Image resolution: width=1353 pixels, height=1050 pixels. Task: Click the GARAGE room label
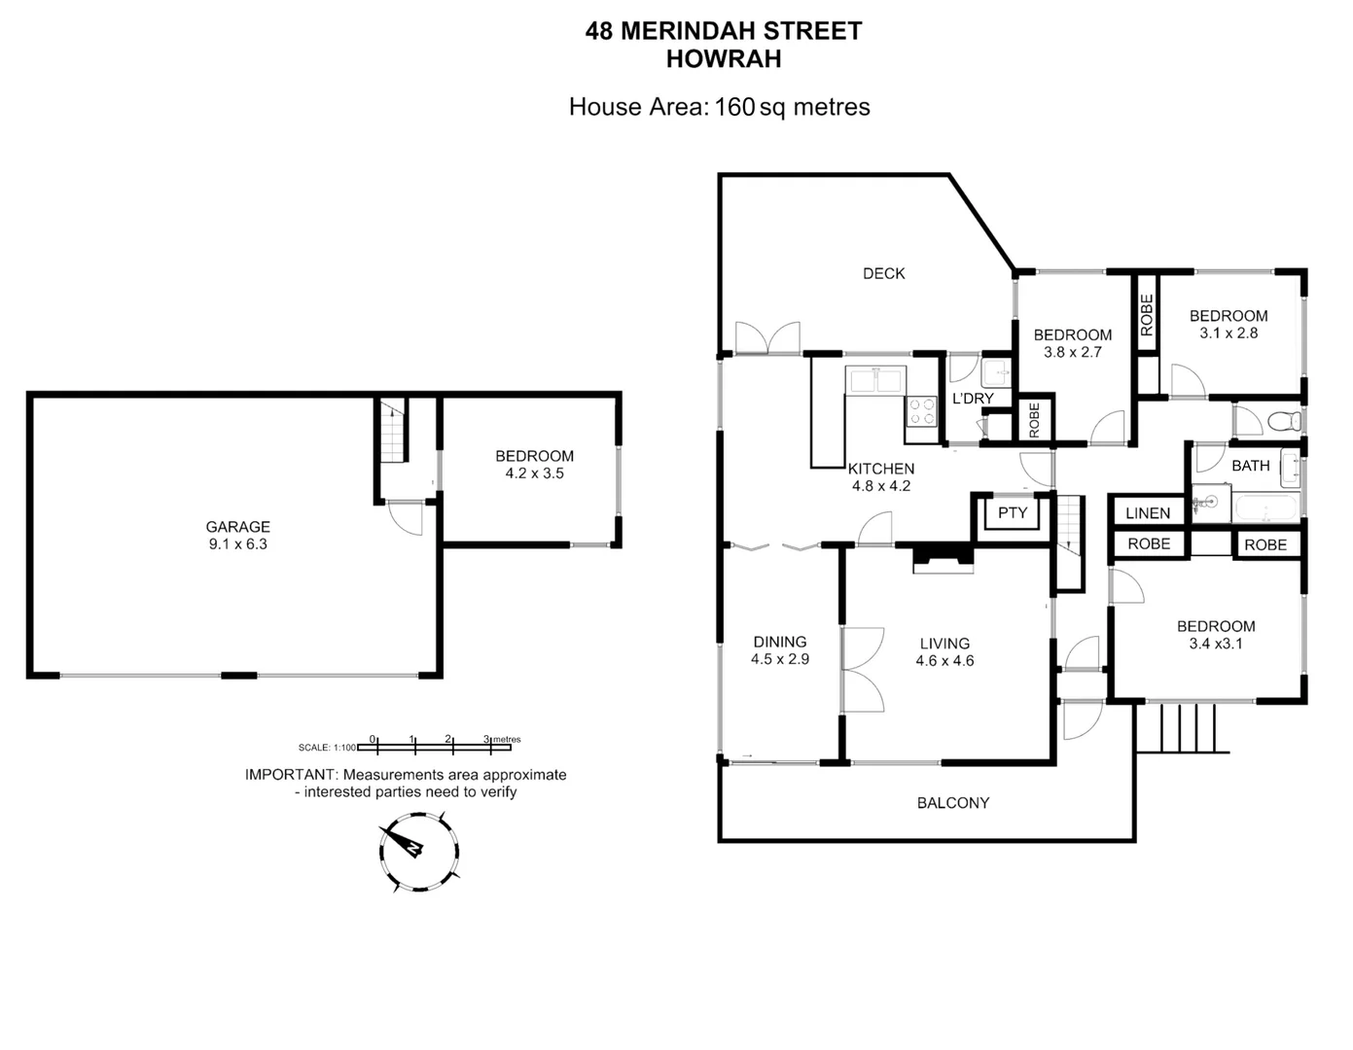pyautogui.click(x=237, y=527)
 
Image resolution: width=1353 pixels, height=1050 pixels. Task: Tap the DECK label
pyautogui.click(x=883, y=273)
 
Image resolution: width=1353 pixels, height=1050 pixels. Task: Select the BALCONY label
pyautogui.click(x=952, y=802)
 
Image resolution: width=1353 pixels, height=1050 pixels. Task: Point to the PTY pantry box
pyautogui.click(x=1013, y=512)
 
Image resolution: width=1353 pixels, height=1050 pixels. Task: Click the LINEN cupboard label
pyautogui.click(x=1148, y=512)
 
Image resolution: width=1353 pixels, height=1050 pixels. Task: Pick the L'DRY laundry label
pyautogui.click(x=972, y=399)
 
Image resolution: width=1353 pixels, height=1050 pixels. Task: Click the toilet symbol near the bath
pyautogui.click(x=1285, y=422)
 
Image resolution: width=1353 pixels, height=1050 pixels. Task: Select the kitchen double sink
pyautogui.click(x=875, y=380)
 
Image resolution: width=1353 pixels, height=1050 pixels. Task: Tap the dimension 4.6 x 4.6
pyautogui.click(x=944, y=660)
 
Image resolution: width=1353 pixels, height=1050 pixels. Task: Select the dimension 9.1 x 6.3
pyautogui.click(x=237, y=544)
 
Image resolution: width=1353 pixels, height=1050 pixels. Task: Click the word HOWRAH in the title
pyautogui.click(x=723, y=59)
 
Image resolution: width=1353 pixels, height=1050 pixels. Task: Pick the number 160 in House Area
pyautogui.click(x=734, y=107)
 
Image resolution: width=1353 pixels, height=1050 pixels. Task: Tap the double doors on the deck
pyautogui.click(x=768, y=337)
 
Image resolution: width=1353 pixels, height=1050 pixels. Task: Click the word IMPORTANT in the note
pyautogui.click(x=289, y=775)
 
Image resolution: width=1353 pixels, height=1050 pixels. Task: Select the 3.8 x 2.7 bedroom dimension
pyautogui.click(x=1072, y=352)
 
